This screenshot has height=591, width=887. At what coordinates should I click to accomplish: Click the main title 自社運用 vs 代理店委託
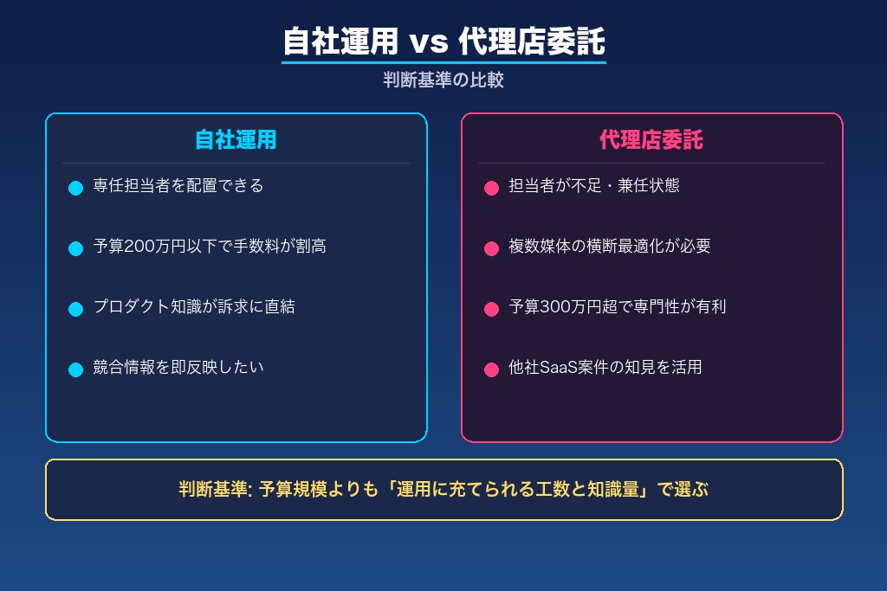click(x=443, y=42)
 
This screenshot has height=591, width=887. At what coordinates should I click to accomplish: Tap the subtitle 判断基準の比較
click(x=443, y=80)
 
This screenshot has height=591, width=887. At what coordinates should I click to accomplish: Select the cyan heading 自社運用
click(x=236, y=140)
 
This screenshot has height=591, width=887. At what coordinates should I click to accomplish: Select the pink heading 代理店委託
click(x=651, y=140)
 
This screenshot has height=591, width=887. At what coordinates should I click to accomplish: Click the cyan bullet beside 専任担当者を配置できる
click(x=75, y=188)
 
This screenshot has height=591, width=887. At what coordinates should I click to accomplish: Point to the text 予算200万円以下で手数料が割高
click(x=210, y=247)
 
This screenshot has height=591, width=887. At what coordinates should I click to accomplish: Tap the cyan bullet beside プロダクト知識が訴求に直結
click(x=75, y=309)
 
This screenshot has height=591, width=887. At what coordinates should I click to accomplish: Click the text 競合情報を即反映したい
click(x=178, y=368)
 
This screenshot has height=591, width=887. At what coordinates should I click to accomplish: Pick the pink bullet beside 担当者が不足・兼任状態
click(x=491, y=188)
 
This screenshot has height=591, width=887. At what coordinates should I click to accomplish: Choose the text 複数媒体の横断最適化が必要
click(x=610, y=247)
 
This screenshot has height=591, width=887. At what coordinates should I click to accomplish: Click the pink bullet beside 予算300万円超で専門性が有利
click(x=491, y=309)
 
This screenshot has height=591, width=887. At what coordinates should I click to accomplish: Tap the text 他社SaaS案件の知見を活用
click(x=605, y=368)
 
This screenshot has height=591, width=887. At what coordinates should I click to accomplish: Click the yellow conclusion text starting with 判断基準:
click(x=443, y=490)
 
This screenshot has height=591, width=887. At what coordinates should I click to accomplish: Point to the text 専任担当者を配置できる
click(x=178, y=186)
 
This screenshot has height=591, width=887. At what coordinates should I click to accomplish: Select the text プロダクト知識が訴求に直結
click(x=194, y=307)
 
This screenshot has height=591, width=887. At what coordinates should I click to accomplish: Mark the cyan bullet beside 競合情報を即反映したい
click(x=75, y=369)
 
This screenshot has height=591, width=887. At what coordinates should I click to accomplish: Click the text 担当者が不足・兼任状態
click(x=594, y=186)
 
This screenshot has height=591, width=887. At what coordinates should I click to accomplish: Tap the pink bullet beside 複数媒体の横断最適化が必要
click(x=491, y=248)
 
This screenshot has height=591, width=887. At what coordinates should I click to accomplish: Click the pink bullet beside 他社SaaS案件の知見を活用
click(x=491, y=369)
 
